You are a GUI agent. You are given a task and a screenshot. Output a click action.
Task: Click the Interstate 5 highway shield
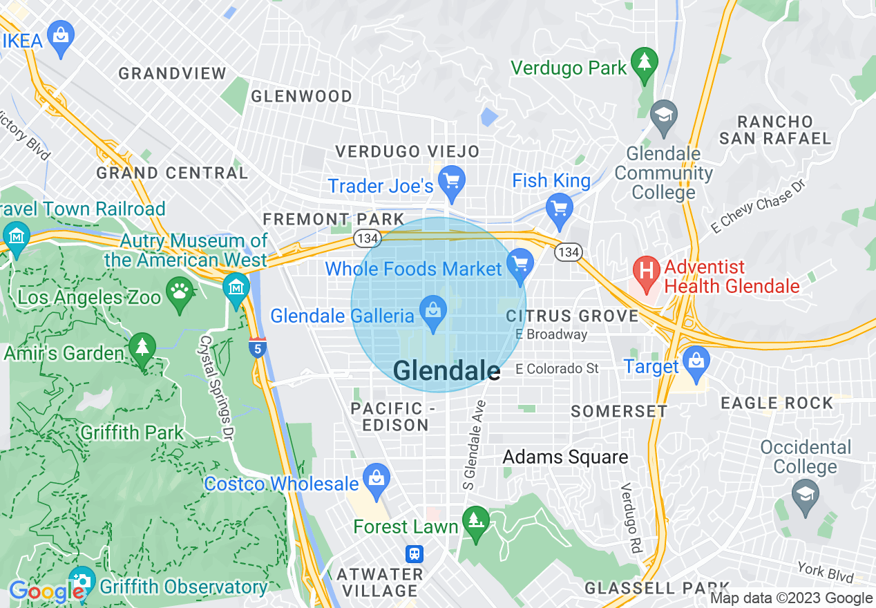(257, 348)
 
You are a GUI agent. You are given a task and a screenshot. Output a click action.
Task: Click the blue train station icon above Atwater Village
(414, 553)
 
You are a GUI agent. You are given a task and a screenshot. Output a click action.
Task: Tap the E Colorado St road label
(557, 369)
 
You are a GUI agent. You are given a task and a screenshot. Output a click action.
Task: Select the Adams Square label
(565, 457)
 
